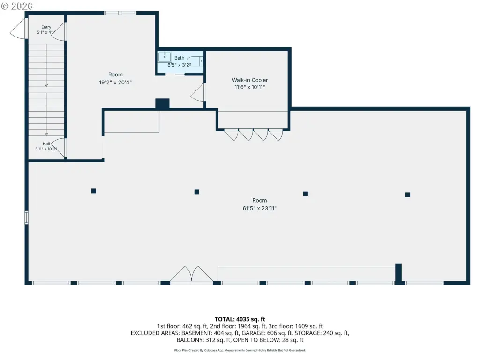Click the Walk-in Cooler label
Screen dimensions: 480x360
pyautogui.click(x=250, y=80)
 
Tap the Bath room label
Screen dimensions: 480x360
pyautogui.click(x=180, y=58)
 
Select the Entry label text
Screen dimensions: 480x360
pyautogui.click(x=46, y=27)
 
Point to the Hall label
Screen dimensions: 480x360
pyautogui.click(x=46, y=143)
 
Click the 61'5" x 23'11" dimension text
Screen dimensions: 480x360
pyautogui.click(x=260, y=209)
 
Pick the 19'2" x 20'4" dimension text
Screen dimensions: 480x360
pyautogui.click(x=115, y=82)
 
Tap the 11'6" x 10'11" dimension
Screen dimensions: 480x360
pyautogui.click(x=250, y=87)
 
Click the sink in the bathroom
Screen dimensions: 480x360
pyautogui.click(x=165, y=56)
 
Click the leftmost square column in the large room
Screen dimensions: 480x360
pyautogui.click(x=94, y=191)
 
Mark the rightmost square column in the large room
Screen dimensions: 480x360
pyautogui.click(x=408, y=195)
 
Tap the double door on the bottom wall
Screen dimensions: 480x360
pyautogui.click(x=192, y=274)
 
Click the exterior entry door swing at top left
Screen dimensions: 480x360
pyautogui.click(x=18, y=29)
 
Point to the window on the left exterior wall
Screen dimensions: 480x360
pyautogui.click(x=27, y=217)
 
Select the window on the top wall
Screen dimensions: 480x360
pyautogui.click(x=120, y=13)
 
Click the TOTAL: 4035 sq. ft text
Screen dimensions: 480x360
pyautogui.click(x=240, y=319)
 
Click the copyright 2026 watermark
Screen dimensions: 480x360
pyautogui.click(x=17, y=6)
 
